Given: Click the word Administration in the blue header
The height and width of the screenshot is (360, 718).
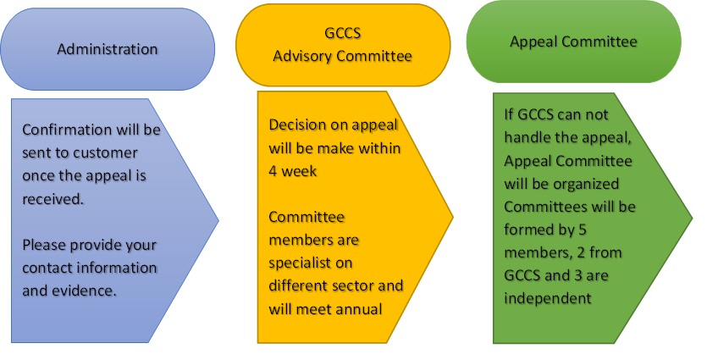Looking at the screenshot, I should (x=107, y=49).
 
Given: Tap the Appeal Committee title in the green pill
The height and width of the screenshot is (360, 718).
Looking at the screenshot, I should (x=573, y=41).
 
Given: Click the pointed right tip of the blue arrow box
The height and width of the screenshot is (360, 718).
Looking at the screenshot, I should (x=218, y=220).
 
